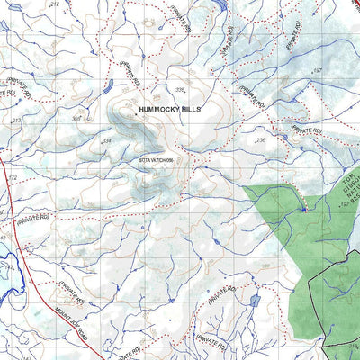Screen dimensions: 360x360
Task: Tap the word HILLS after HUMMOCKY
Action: click(191, 108)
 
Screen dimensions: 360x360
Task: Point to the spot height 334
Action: click(131, 141)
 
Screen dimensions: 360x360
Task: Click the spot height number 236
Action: click(260, 141)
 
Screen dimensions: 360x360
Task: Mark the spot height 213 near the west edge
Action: click(15, 120)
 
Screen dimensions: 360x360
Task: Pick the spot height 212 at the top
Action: click(54, 4)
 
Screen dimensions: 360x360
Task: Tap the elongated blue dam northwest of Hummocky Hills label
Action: click(109, 87)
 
